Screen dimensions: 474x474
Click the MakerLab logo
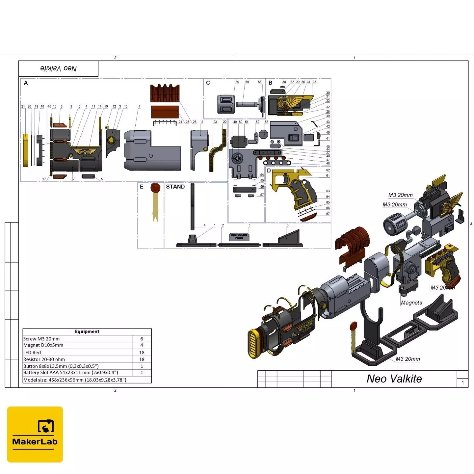[x=35, y=434]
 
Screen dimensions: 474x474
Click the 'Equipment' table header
[x=87, y=331]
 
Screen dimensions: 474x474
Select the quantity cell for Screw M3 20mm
[x=142, y=339]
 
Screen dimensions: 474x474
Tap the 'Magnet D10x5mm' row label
[x=43, y=345]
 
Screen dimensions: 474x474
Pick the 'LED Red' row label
[x=32, y=353]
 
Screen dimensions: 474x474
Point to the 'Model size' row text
[x=75, y=380]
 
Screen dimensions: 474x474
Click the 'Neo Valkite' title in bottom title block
[x=394, y=379]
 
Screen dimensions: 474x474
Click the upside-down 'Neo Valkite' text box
[x=58, y=68]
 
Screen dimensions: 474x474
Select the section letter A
[x=26, y=83]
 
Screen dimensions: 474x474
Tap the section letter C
[x=208, y=83]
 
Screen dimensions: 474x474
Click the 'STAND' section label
[x=175, y=187]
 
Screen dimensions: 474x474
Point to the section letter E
[x=142, y=187]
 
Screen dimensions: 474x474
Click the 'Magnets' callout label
[x=411, y=303]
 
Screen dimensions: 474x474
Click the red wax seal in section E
[x=155, y=188]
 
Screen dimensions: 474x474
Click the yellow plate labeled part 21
[x=25, y=150]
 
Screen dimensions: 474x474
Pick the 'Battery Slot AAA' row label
[x=70, y=373]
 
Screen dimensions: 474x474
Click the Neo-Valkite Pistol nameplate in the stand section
[x=239, y=236]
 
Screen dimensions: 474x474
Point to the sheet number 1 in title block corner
[x=462, y=383]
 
